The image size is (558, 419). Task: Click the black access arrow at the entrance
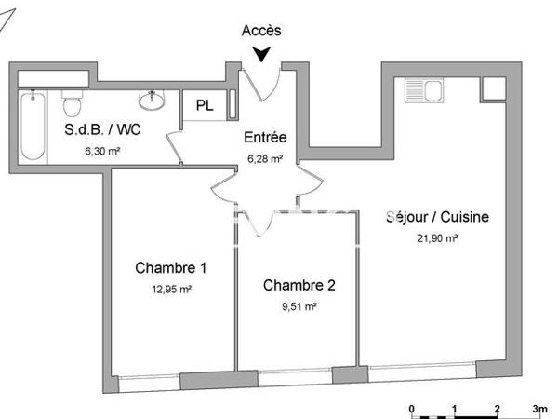coord(263,55)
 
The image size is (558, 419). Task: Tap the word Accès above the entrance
coord(261,31)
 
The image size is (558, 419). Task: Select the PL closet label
coord(205,105)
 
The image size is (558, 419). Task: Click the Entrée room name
coord(265,138)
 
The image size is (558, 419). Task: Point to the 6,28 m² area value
coord(265,157)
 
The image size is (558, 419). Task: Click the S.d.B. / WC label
coord(103,130)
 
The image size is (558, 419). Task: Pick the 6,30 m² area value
coord(103,150)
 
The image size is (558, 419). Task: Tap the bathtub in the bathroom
coord(32,127)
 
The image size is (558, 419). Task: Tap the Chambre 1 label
coord(171,268)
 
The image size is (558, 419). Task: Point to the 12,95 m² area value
coord(171,289)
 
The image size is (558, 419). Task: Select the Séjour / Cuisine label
coord(437,217)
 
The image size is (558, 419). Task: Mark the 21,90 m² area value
coord(437,237)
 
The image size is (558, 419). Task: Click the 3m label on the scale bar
coord(539,409)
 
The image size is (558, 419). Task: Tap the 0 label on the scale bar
coord(412,409)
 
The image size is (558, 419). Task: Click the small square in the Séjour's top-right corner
coord(491,88)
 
